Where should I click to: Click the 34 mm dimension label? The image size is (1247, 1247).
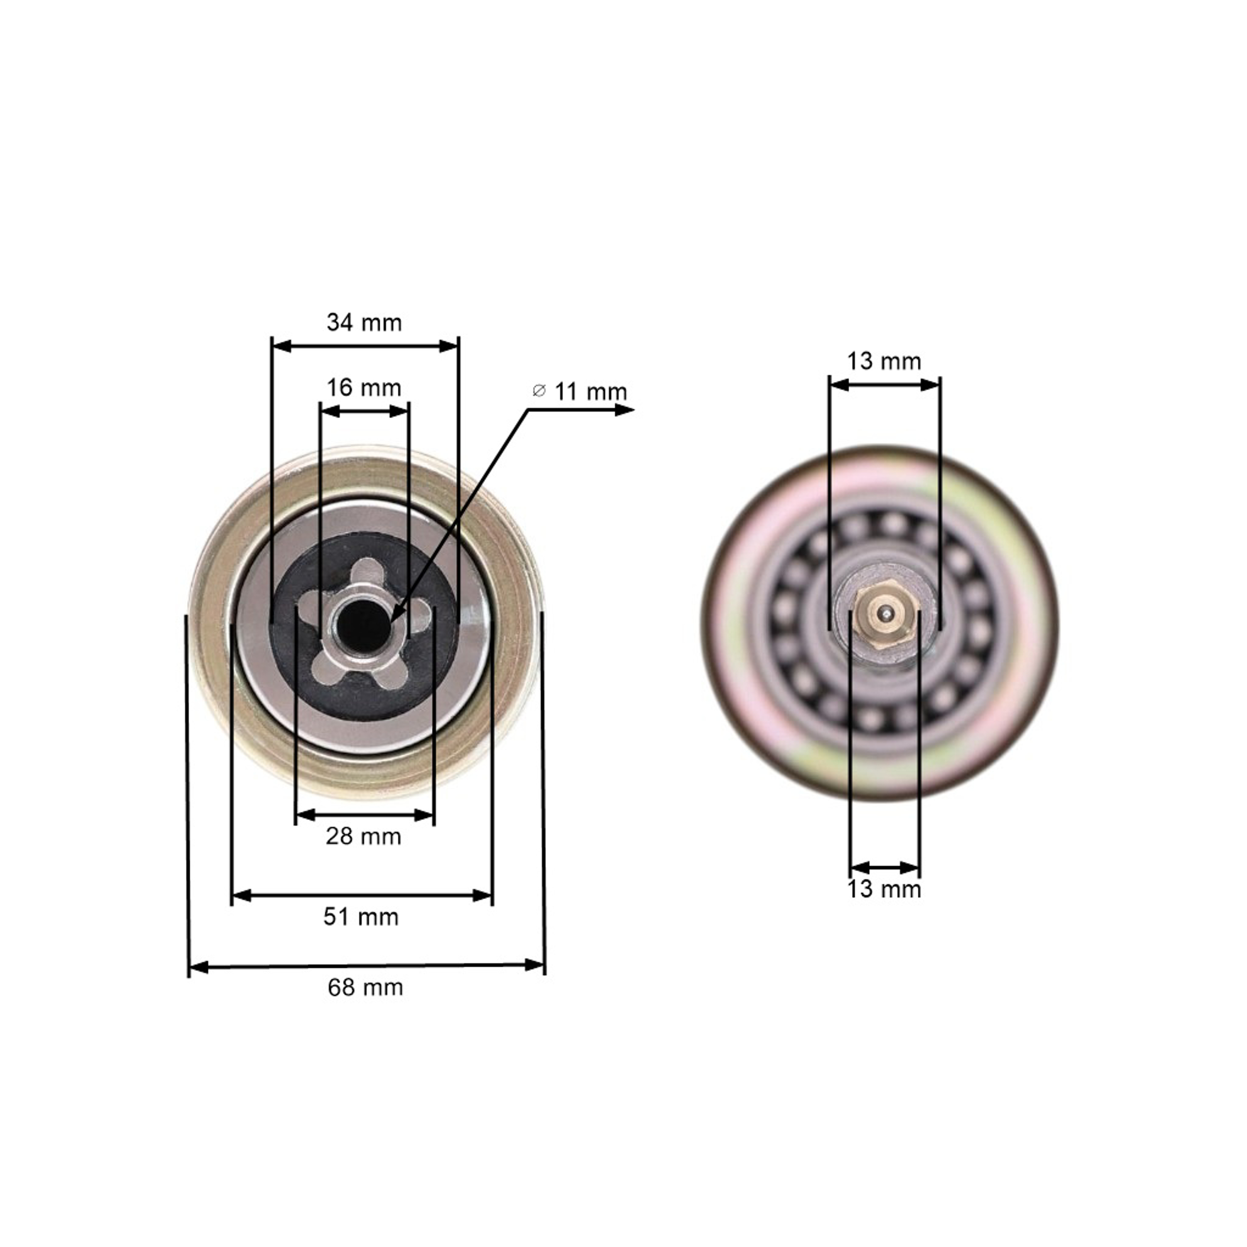click(x=364, y=322)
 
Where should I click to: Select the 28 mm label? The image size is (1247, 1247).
click(x=363, y=836)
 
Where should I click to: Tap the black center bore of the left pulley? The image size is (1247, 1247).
click(x=365, y=624)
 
